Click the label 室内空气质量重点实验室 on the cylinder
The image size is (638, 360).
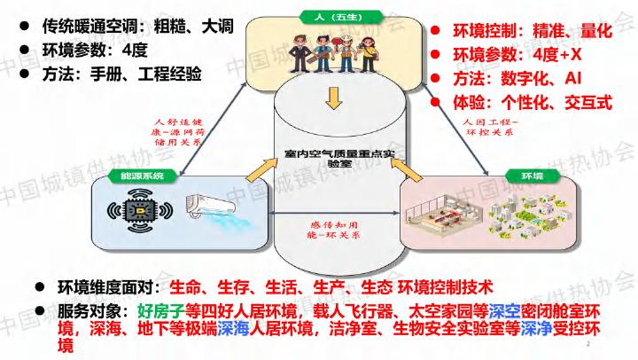coord(330,157)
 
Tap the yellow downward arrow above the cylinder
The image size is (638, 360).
coord(331,99)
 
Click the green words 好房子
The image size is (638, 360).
coord(163,310)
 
